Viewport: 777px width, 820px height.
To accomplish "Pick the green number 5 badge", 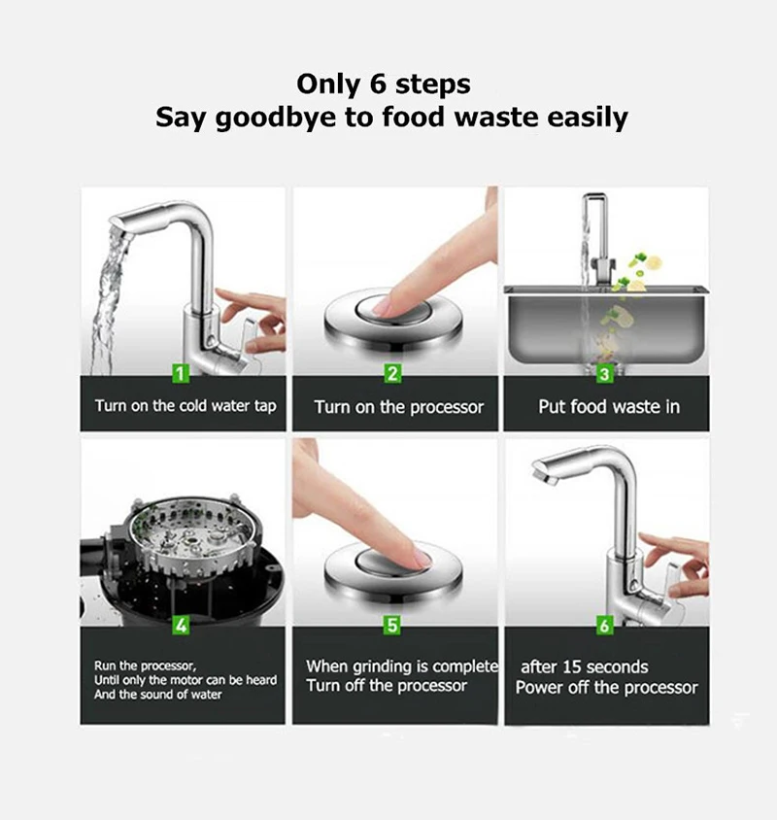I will [x=392, y=626].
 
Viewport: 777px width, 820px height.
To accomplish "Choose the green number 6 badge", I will [x=604, y=626].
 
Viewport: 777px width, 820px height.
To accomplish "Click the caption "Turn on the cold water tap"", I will [x=185, y=406].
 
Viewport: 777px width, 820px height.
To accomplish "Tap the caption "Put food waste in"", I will [x=609, y=407].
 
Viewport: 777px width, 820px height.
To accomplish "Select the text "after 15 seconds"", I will [x=584, y=666].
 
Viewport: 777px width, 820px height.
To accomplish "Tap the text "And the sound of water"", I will [x=157, y=695].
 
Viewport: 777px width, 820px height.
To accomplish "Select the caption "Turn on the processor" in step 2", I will [x=398, y=407].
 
